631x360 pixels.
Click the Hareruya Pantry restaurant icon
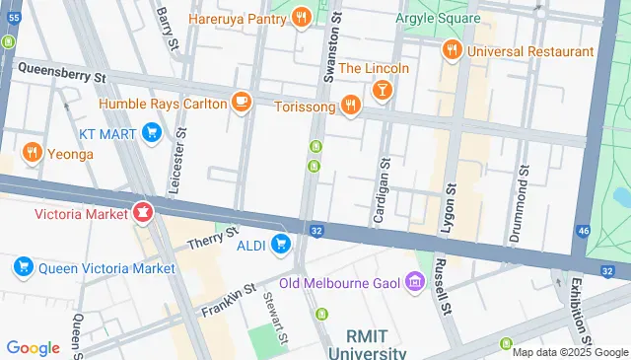[301, 17]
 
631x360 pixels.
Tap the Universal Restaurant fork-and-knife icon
[453, 50]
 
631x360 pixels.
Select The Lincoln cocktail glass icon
[383, 91]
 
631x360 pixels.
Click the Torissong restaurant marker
[350, 105]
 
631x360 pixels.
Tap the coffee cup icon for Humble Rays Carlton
[241, 103]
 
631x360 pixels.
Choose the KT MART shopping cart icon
[151, 131]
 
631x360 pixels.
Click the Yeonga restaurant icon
[33, 153]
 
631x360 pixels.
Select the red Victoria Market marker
[143, 212]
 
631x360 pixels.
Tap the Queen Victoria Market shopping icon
[23, 267]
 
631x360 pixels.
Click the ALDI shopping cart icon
[282, 244]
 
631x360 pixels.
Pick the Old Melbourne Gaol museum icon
[414, 284]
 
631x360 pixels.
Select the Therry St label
[214, 239]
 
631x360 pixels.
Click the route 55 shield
[13, 6]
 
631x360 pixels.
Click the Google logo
[33, 347]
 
